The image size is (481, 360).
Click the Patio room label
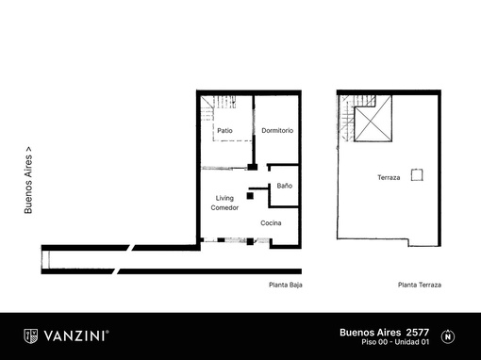224,130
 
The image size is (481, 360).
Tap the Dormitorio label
277,130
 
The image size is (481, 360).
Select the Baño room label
285,186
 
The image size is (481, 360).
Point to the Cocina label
271,223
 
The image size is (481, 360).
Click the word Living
224,198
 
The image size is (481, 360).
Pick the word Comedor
224,207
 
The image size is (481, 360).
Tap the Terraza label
389,177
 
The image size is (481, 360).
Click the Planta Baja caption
286,285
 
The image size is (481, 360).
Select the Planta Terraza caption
420,285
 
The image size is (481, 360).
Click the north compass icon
448,336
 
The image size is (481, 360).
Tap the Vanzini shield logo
31,336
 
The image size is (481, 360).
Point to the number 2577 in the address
418,333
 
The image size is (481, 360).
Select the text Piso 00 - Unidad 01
395,342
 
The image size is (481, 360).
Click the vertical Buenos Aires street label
28,180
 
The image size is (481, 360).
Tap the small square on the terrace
417,175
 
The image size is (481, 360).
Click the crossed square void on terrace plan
373,119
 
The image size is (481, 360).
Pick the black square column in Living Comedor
250,196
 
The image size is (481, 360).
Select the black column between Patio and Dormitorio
252,167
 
